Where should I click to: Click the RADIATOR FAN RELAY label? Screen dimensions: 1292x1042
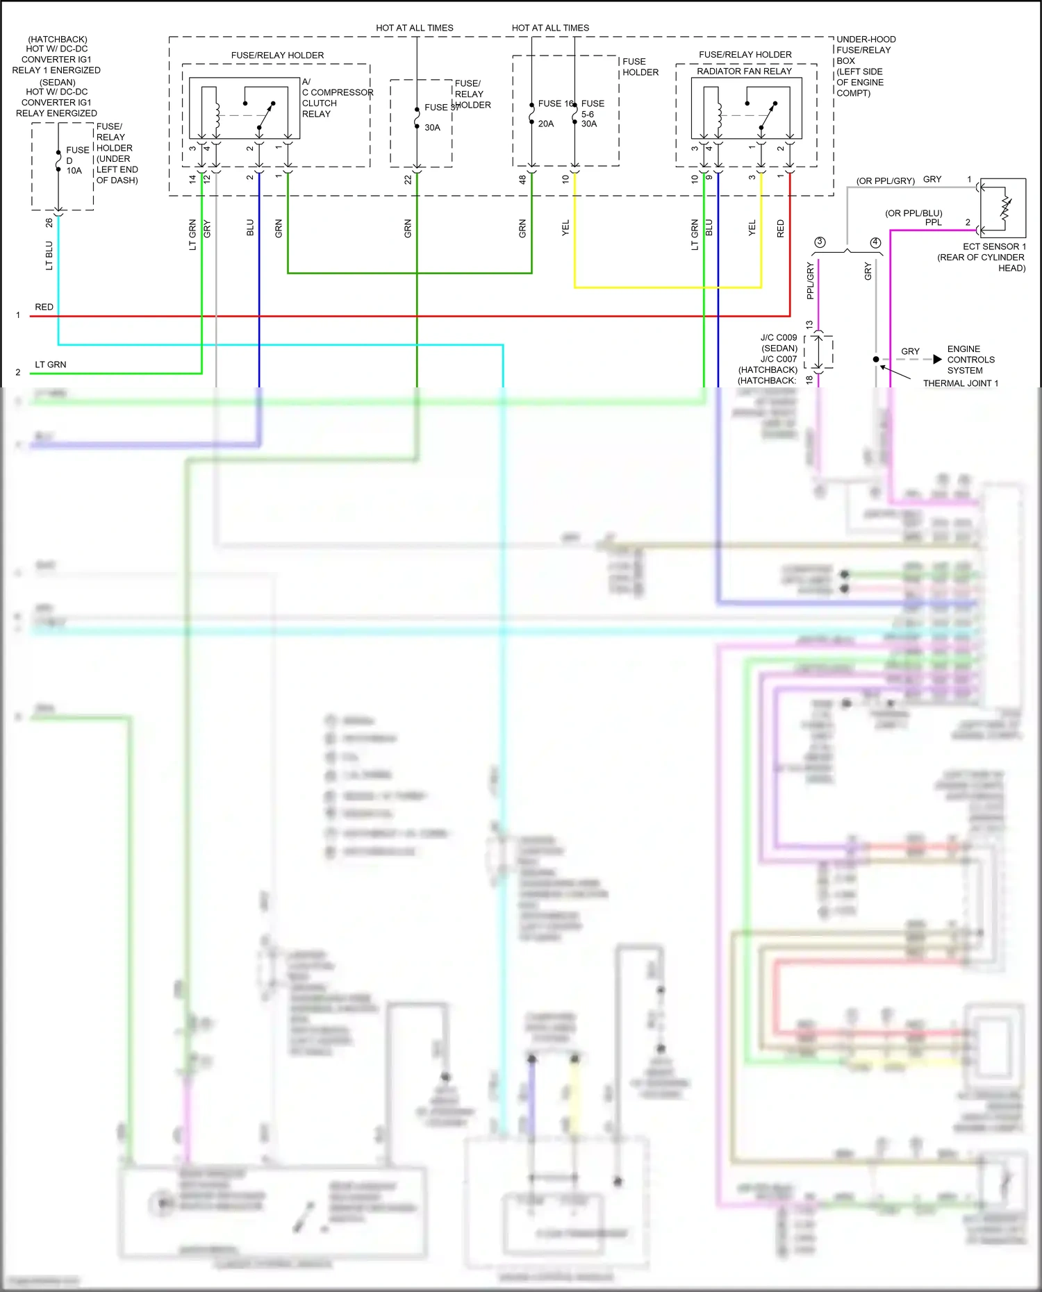coord(744,71)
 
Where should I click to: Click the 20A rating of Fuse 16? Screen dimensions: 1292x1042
coord(546,124)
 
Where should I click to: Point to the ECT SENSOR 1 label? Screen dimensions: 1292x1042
coord(994,246)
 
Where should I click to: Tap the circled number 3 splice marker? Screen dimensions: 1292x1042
coord(820,242)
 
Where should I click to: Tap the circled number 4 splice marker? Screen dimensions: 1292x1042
coord(875,242)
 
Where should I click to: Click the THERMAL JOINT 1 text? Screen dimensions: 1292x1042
coord(960,383)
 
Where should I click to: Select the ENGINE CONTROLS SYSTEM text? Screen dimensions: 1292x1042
coord(970,360)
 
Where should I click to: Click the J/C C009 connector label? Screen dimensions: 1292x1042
coord(779,337)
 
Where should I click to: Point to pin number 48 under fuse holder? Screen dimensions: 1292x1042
coord(522,179)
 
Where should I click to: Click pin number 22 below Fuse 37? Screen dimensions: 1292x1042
coord(408,179)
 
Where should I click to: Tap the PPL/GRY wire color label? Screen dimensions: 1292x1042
coord(810,281)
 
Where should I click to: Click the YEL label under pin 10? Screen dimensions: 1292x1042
coord(565,228)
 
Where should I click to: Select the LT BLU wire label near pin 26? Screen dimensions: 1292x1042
coord(49,255)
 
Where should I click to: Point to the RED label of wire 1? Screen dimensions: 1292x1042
coord(44,307)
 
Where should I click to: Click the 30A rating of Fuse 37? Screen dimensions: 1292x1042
coord(432,128)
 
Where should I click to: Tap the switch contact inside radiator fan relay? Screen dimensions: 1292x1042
coord(767,115)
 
